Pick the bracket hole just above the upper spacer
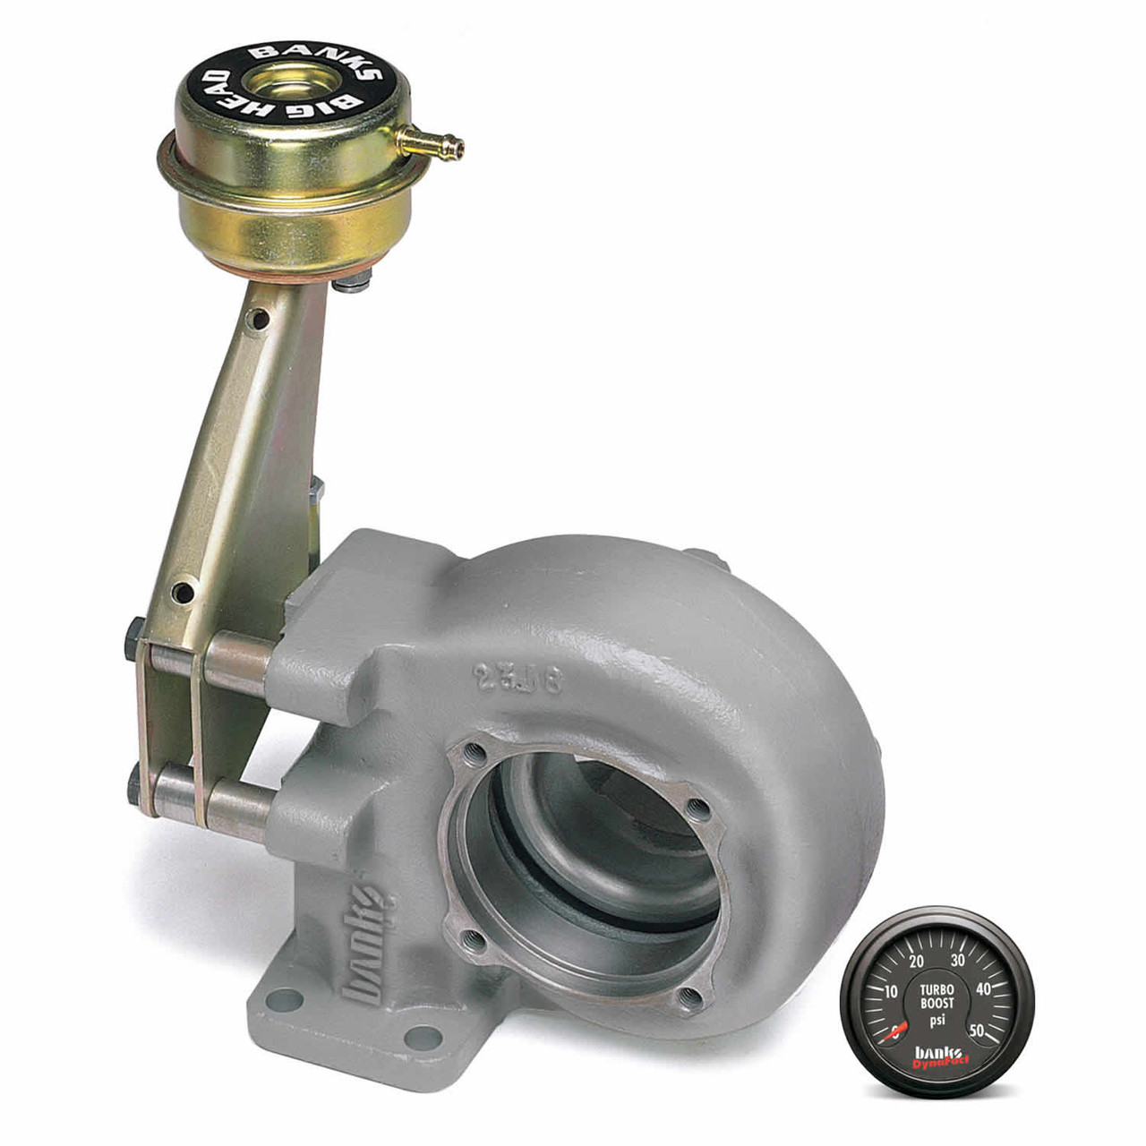tap(184, 592)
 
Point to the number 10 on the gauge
tap(891, 992)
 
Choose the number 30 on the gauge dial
tap(957, 961)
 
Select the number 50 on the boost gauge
tap(979, 1031)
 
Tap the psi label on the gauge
tap(937, 1019)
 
